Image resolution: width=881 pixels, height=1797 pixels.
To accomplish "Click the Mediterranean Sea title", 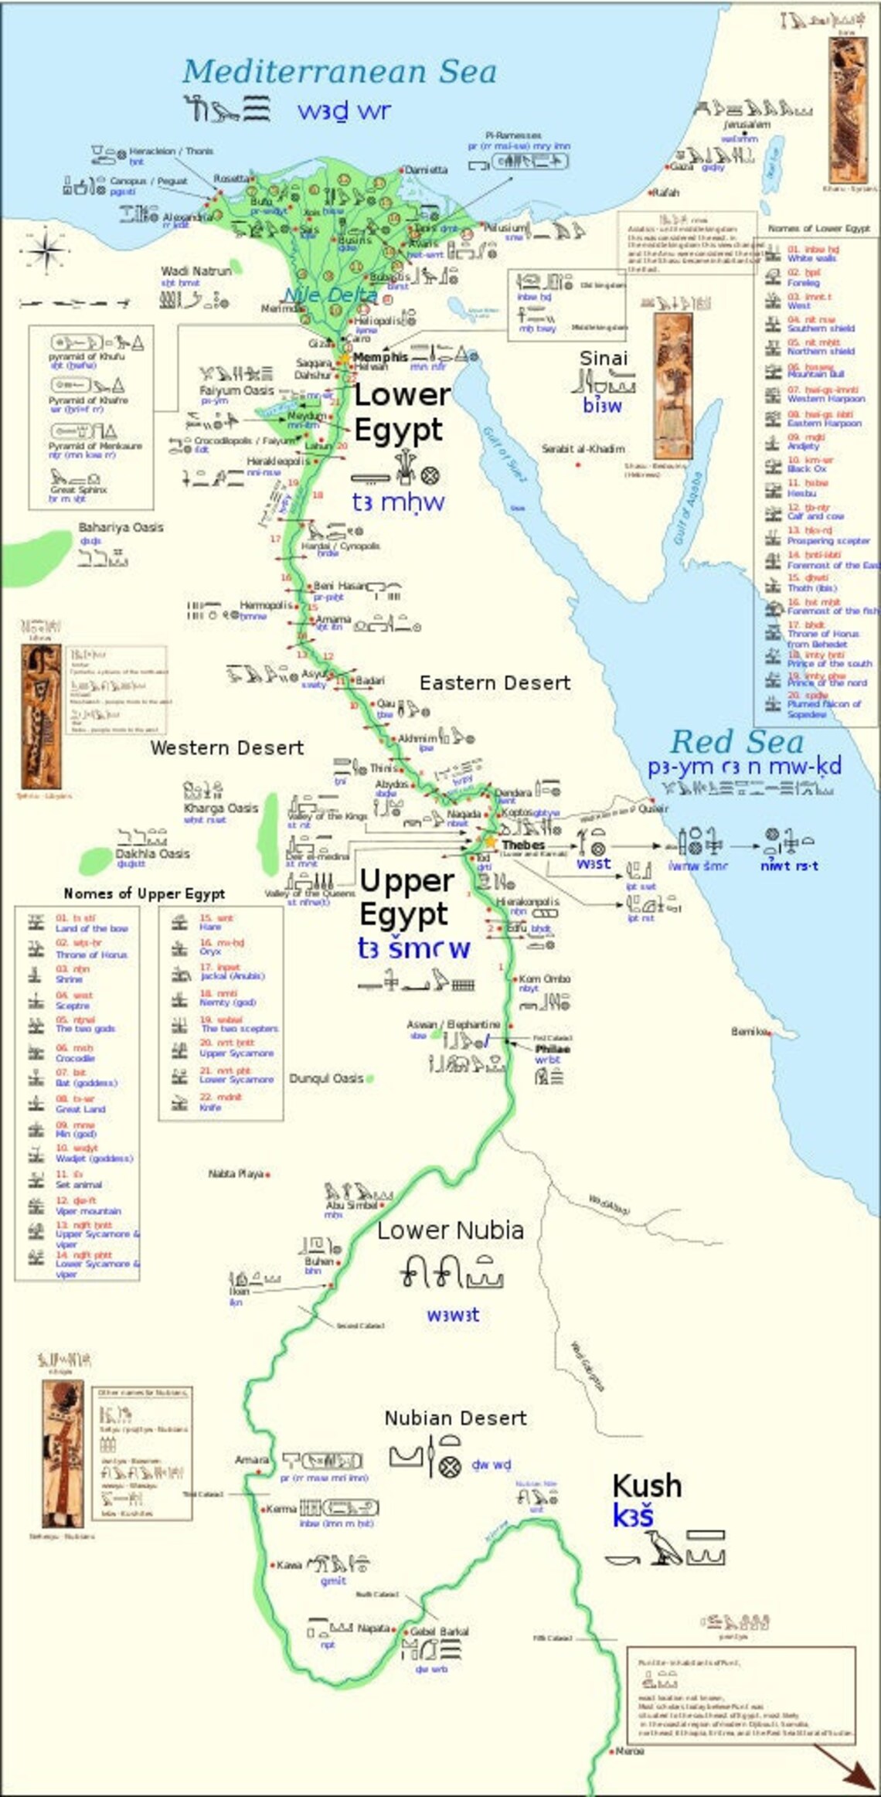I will click(339, 72).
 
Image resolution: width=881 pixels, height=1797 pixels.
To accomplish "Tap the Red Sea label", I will click(736, 742).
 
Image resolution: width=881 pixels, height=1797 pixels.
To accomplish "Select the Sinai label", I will click(604, 359).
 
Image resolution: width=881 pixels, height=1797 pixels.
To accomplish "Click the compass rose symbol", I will click(46, 251).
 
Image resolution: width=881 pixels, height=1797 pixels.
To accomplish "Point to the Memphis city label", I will click(380, 357).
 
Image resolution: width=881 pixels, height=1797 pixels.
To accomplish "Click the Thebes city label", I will click(523, 845).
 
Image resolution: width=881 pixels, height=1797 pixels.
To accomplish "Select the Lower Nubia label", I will click(451, 1230).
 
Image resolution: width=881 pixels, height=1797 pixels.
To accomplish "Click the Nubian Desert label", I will click(455, 1418).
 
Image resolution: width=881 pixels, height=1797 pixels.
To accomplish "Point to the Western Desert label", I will click(227, 747).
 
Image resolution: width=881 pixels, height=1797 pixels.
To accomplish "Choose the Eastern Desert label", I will click(495, 682).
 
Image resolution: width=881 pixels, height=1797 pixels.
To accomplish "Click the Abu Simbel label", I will click(352, 1205).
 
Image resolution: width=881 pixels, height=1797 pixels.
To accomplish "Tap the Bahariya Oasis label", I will click(121, 527).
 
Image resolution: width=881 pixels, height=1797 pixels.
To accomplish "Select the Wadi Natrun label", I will click(196, 271).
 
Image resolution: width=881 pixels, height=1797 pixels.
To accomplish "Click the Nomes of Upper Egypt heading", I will click(144, 893).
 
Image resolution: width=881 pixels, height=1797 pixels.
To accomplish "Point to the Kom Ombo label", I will click(544, 978).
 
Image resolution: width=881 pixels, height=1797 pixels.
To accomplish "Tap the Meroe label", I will click(629, 1751).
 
